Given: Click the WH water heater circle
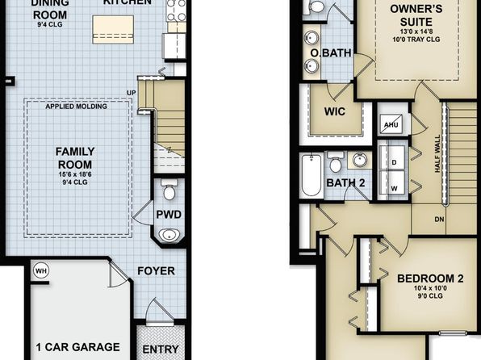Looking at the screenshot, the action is pos(41,270).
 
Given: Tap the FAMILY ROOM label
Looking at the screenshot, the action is pos(75,157).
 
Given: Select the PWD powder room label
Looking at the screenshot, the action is pos(169,215).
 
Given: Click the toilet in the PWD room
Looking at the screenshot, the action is pos(169,190).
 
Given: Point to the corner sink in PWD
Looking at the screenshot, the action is pos(169,235).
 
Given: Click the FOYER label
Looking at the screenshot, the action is pos(156,270).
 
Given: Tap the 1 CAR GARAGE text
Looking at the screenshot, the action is pos(78,347).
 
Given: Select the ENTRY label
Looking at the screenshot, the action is pos(161,350).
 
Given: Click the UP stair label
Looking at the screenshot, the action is pos(132,93).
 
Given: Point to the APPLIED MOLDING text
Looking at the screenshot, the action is pos(77,107).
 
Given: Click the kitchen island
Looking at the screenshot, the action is pos(113,30).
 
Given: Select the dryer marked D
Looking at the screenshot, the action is pos(392,157).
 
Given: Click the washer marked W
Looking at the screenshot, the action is pos(392,182).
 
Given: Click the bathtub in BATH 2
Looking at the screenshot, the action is pos(312,175).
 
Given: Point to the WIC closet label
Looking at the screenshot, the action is pos(335,111).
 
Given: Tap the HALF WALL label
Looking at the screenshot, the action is pos(437,153).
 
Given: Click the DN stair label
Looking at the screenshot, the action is pos(439,220).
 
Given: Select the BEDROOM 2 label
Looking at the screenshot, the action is pos(430,278).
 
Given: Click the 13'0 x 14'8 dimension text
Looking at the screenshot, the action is pos(416,31).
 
